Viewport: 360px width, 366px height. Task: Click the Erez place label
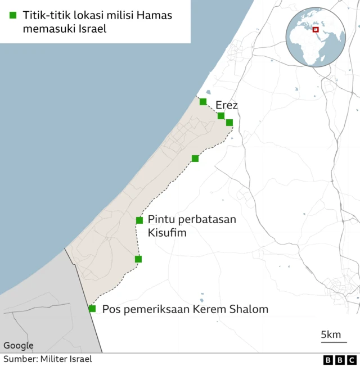point(227,105)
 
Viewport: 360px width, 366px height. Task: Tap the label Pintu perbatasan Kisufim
point(192,225)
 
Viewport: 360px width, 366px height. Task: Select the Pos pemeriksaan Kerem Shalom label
point(185,309)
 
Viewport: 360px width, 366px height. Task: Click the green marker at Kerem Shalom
point(92,309)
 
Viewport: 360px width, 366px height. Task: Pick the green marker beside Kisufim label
point(139,220)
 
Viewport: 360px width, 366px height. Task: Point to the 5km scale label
point(331,335)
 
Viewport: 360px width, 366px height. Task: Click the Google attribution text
point(19,345)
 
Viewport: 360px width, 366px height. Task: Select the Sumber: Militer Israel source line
point(48,359)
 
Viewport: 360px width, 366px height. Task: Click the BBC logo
point(340,360)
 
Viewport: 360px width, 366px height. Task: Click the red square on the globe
point(316,30)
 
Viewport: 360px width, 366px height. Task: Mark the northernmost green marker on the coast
point(203,102)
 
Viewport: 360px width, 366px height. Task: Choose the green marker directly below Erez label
point(221,116)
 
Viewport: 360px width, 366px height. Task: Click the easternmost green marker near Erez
point(229,123)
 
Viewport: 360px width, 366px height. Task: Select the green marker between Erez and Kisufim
point(195,159)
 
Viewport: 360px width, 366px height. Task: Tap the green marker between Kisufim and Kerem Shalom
point(138,259)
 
